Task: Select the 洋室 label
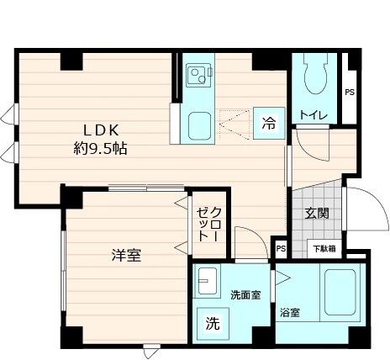pyautogui.click(x=124, y=255)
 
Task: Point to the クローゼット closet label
pyautogui.click(x=208, y=224)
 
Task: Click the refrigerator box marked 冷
pyautogui.click(x=268, y=124)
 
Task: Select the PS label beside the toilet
pyautogui.click(x=349, y=92)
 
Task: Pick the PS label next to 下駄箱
pyautogui.click(x=281, y=248)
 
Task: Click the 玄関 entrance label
pyautogui.click(x=317, y=214)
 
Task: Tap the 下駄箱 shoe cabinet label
pyautogui.click(x=324, y=248)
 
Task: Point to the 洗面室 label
pyautogui.click(x=245, y=295)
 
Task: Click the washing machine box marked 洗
pyautogui.click(x=213, y=321)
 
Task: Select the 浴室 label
pyautogui.click(x=290, y=313)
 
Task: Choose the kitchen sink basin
pyautogui.click(x=202, y=127)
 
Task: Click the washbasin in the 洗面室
pyautogui.click(x=207, y=282)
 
